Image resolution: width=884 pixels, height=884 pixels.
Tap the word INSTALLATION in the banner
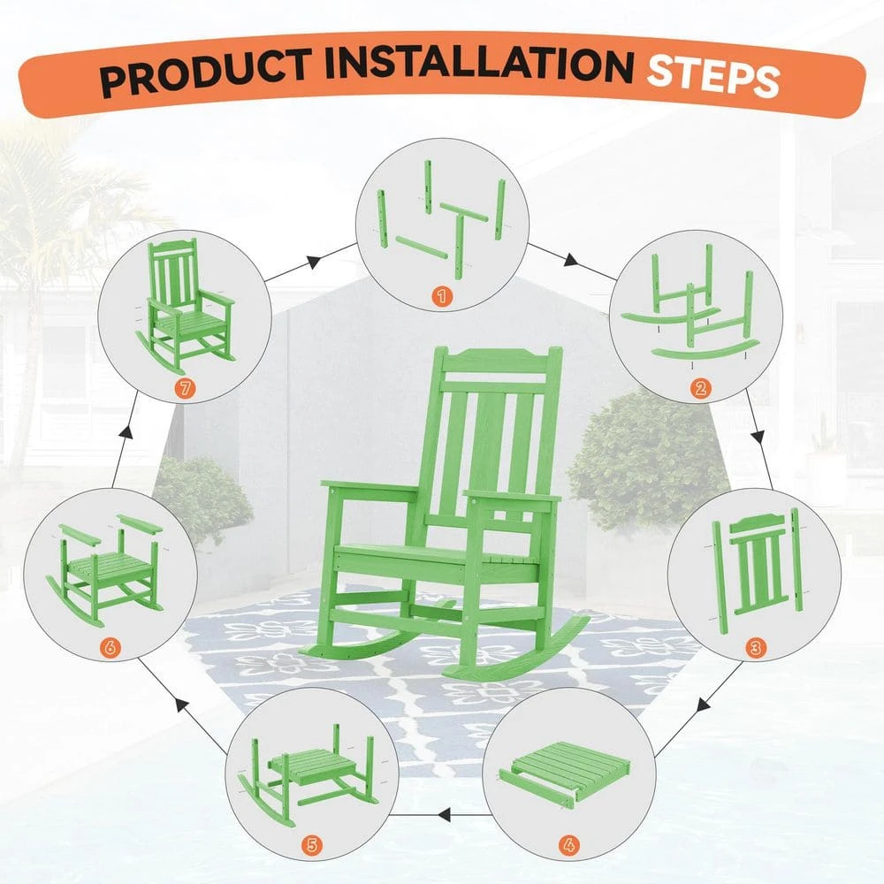click(x=479, y=63)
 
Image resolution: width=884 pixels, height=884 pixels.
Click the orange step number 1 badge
click(x=442, y=295)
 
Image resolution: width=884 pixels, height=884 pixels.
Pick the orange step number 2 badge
click(x=700, y=388)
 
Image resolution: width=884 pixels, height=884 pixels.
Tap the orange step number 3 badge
click(x=755, y=648)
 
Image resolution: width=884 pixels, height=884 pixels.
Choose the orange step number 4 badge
click(x=569, y=845)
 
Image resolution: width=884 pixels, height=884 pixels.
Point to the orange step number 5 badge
click(x=312, y=845)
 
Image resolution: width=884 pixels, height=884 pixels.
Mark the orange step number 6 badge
click(x=110, y=648)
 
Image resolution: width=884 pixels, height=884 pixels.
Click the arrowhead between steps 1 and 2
click(x=571, y=261)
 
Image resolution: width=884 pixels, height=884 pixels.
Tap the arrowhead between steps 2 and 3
click(x=758, y=437)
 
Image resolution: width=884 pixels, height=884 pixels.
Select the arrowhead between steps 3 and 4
click(x=704, y=705)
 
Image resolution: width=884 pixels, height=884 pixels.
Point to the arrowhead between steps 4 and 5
click(x=445, y=814)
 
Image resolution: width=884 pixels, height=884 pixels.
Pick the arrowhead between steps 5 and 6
click(x=181, y=705)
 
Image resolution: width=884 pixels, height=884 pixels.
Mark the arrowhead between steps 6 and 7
click(x=127, y=432)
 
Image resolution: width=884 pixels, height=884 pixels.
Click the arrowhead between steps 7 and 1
click(x=314, y=261)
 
